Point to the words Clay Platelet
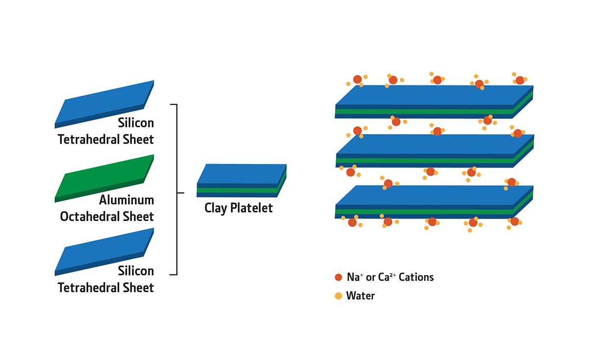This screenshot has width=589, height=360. (239, 208)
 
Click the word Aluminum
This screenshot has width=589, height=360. (127, 200)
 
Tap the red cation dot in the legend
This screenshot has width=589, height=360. (338, 277)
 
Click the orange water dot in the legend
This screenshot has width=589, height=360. (338, 296)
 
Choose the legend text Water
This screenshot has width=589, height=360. (360, 296)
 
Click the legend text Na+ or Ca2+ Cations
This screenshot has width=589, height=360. (390, 277)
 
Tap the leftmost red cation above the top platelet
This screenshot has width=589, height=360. (358, 79)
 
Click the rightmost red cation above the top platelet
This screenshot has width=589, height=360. (520, 80)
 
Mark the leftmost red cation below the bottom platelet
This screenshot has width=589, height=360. (352, 222)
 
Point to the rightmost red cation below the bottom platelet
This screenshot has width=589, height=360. (514, 222)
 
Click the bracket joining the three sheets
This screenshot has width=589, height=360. (176, 189)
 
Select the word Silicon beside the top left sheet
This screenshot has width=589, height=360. (136, 123)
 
